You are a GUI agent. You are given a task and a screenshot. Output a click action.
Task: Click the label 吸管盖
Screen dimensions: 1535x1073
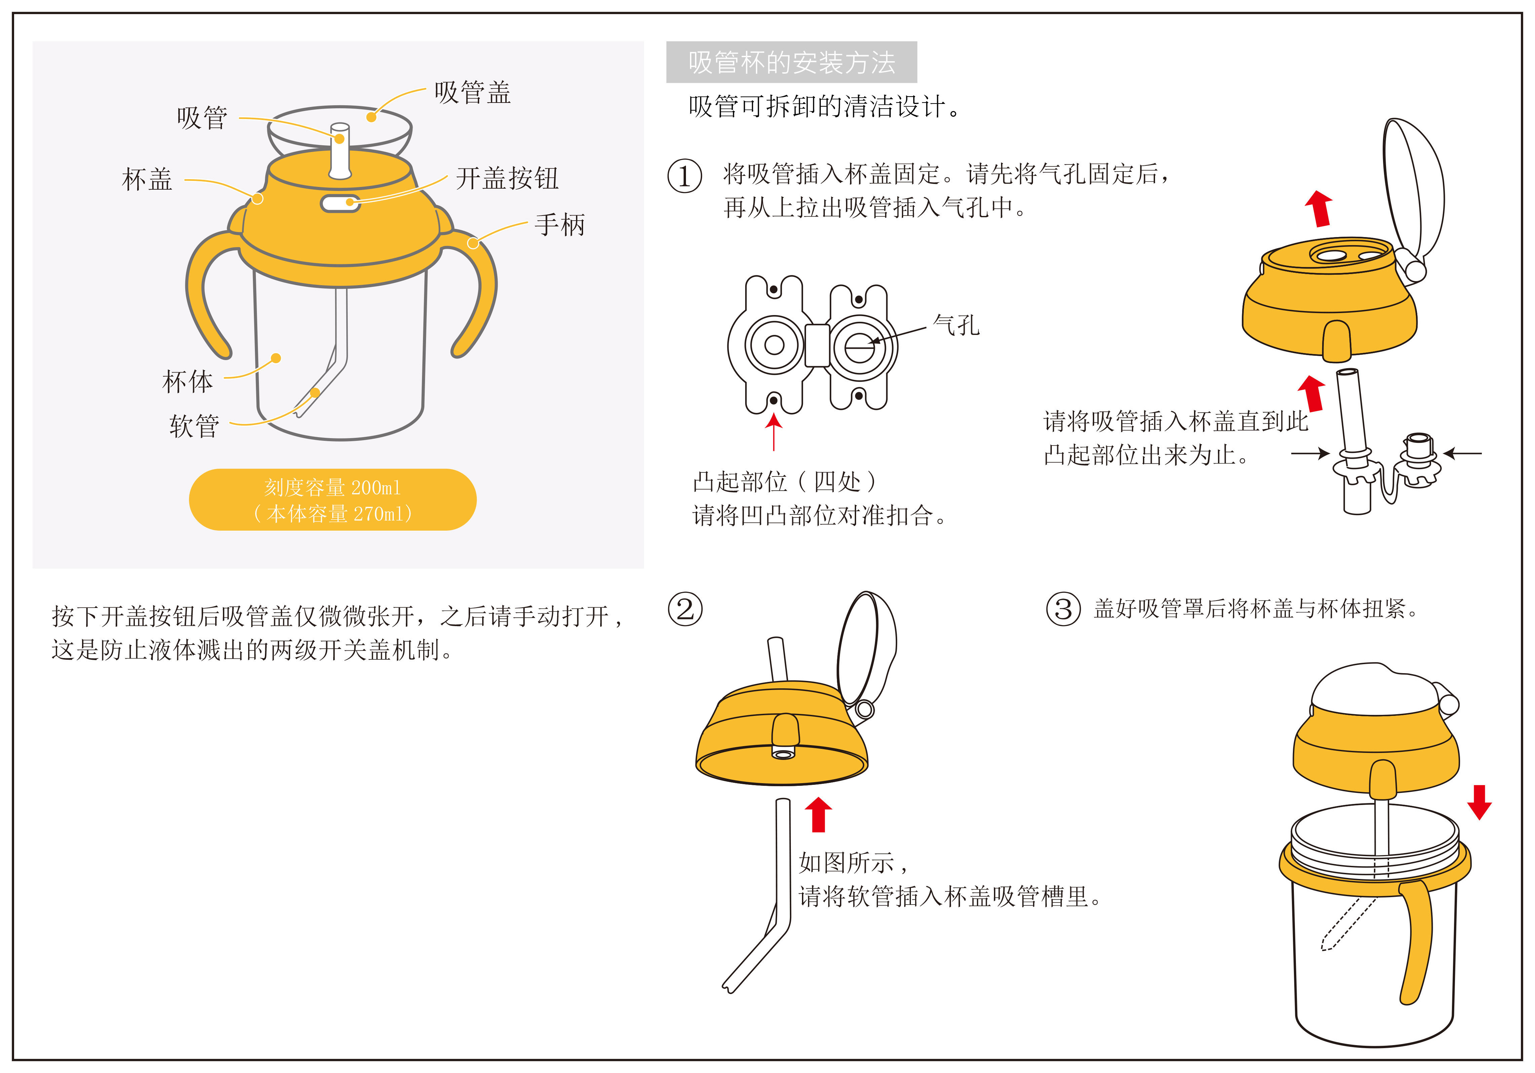(472, 92)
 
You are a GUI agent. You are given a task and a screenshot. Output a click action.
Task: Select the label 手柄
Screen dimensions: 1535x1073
(560, 225)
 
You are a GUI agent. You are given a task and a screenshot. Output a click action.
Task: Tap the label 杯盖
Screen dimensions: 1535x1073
(147, 179)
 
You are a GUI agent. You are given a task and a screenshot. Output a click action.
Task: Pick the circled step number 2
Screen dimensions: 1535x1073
(685, 609)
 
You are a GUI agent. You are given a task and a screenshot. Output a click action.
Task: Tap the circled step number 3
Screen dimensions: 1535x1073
(1063, 609)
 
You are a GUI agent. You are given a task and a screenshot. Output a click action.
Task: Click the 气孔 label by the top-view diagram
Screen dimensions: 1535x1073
(956, 325)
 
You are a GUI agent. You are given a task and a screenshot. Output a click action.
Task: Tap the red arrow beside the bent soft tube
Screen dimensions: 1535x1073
(818, 814)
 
